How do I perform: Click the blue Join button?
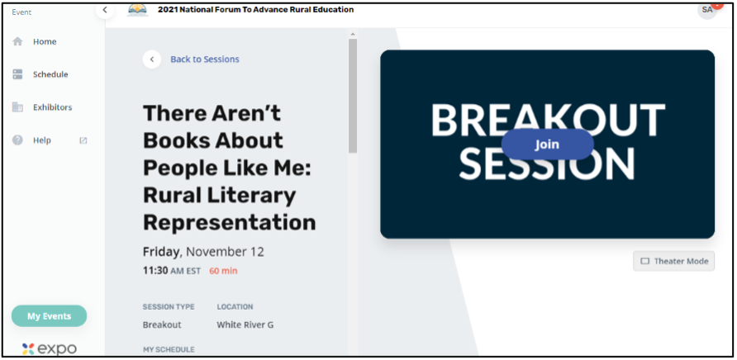548,144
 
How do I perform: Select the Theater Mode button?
673,261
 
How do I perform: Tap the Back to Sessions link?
204,59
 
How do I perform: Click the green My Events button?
49,315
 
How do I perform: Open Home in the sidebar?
45,42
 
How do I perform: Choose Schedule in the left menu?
50,74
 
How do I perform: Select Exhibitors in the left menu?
53,107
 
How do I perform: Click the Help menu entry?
42,140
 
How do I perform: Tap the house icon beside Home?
17,41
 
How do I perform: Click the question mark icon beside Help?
17,140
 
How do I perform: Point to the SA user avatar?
707,10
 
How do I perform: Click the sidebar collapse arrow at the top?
105,10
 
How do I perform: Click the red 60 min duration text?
223,271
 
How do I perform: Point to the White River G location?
245,324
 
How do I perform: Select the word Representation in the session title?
230,222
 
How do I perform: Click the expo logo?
50,349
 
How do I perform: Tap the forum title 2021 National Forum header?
255,9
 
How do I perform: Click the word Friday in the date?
161,252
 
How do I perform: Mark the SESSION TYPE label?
169,307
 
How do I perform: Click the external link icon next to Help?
83,140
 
